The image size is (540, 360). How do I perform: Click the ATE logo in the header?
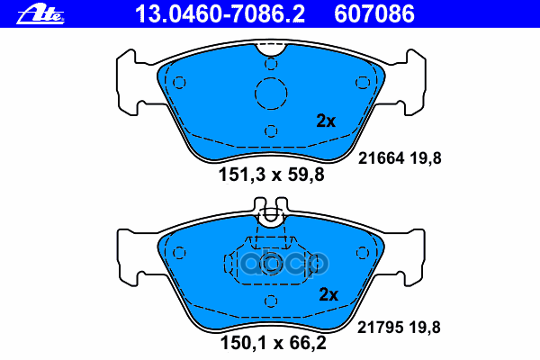40,14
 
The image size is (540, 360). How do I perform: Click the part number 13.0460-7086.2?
220,14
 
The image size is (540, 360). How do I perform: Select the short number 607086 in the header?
374,14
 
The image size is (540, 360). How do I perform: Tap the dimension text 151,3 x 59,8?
272,175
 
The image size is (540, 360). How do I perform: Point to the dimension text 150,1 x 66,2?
273,343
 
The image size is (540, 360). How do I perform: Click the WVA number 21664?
381,158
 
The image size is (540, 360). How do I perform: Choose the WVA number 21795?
380,328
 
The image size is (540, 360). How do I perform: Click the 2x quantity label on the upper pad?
326,121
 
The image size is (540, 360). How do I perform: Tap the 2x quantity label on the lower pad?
328,294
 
